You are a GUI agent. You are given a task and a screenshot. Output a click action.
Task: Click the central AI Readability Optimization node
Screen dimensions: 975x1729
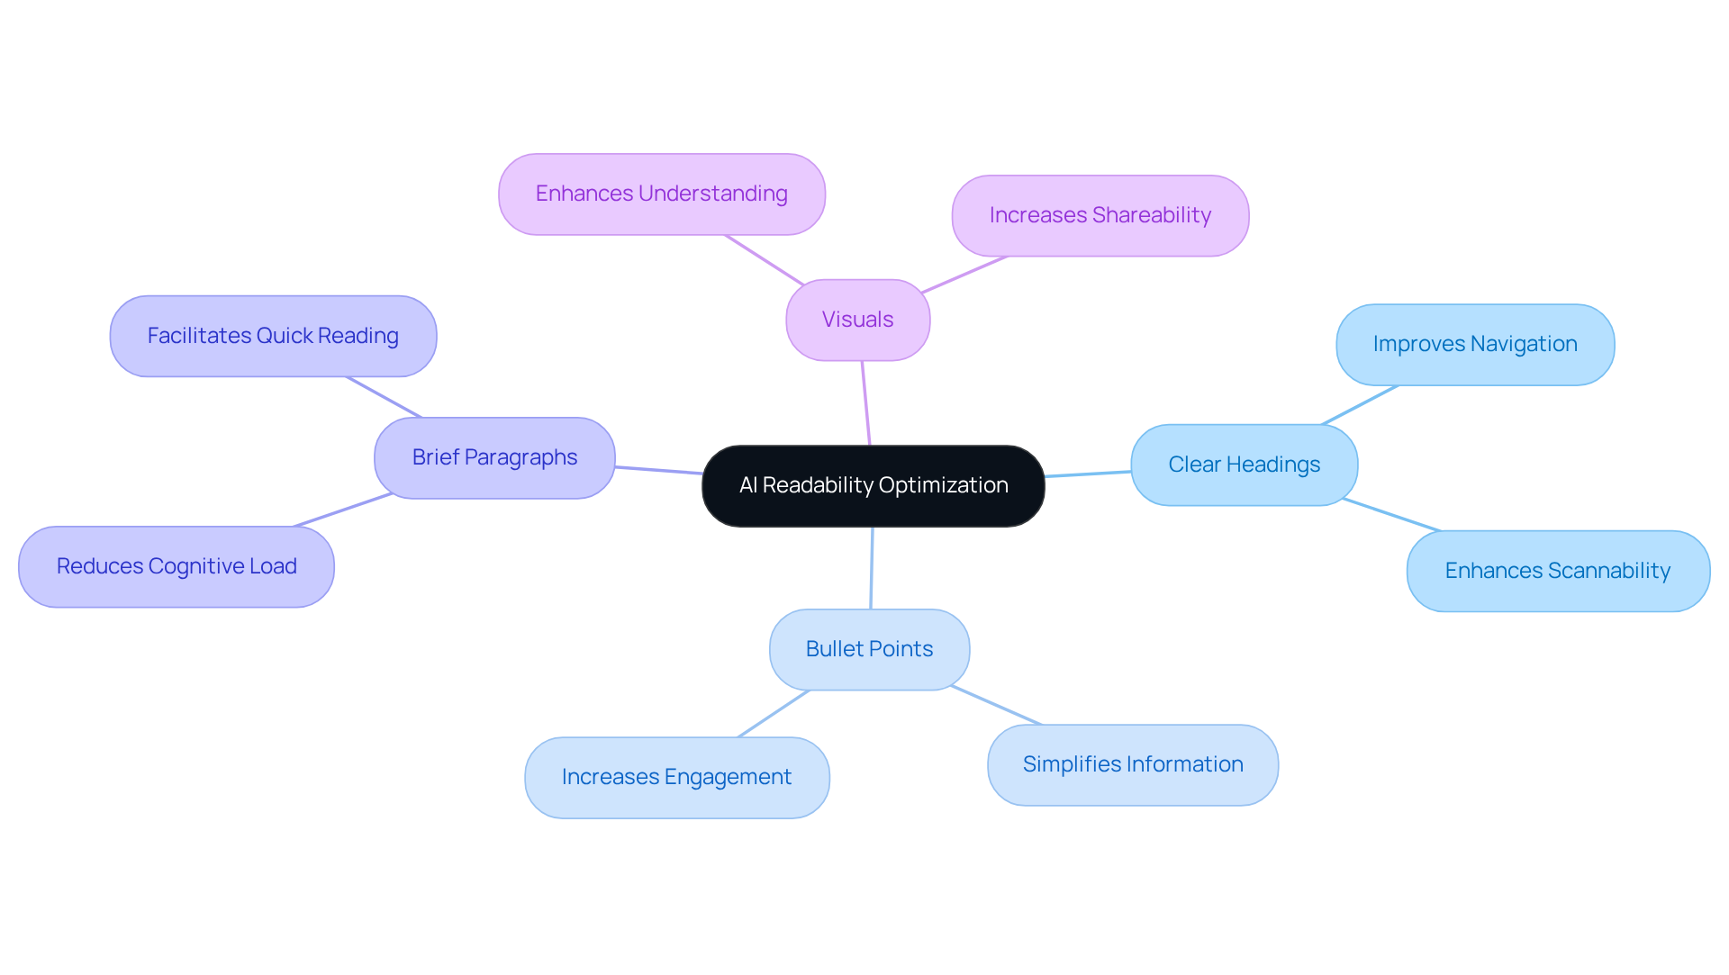coord(873,485)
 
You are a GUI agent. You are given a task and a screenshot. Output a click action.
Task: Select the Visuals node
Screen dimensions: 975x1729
coord(857,320)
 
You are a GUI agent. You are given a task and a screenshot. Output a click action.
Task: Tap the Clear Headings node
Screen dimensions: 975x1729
coord(1244,465)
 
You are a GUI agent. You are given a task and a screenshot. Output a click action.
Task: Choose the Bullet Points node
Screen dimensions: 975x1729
coord(869,649)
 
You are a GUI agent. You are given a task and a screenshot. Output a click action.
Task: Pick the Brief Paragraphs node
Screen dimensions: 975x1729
coord(494,457)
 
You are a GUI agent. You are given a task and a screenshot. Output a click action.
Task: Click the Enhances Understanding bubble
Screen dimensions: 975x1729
coord(661,194)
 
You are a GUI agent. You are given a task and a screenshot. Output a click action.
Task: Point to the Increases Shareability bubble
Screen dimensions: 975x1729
coord(1100,215)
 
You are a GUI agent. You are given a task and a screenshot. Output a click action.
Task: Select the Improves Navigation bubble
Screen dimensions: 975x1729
coord(1474,344)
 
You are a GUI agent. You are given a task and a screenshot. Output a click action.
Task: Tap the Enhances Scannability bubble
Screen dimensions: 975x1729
coord(1557,571)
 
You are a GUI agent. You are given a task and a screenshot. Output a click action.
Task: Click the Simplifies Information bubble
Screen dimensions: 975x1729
coord(1132,764)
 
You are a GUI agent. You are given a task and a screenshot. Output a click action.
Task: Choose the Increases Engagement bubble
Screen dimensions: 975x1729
coord(676,777)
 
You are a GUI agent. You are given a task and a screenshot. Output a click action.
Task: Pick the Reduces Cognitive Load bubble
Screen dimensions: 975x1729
coord(177,566)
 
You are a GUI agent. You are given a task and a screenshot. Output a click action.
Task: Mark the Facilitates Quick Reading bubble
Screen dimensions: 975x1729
coord(273,336)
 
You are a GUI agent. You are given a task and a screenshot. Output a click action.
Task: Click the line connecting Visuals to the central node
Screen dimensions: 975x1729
coord(865,403)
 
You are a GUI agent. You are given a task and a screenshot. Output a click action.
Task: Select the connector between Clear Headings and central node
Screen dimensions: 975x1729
coord(1088,474)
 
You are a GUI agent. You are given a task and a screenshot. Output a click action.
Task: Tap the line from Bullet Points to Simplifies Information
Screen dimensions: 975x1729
coord(996,705)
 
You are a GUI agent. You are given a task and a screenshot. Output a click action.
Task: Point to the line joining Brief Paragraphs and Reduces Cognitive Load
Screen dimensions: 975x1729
coord(343,510)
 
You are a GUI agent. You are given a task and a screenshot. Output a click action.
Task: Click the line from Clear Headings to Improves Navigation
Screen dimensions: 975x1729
coord(1360,404)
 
